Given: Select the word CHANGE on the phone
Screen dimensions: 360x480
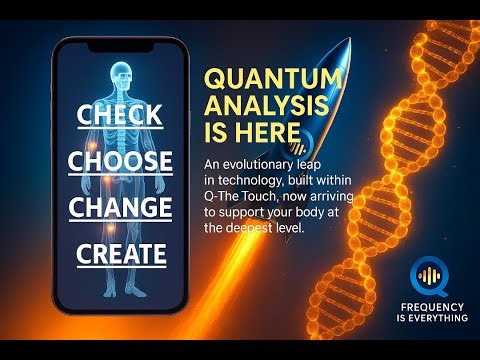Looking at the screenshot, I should pyautogui.click(x=119, y=207).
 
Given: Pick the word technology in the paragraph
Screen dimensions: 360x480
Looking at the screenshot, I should pyautogui.click(x=251, y=179).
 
